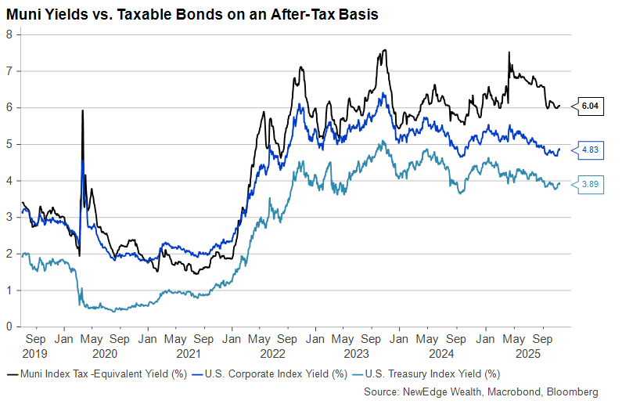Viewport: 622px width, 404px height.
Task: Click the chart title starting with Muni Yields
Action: point(192,15)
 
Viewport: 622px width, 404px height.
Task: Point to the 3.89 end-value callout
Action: point(591,184)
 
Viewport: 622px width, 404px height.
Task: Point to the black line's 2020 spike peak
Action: point(82,111)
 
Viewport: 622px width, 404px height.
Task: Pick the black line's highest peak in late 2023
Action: point(385,50)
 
